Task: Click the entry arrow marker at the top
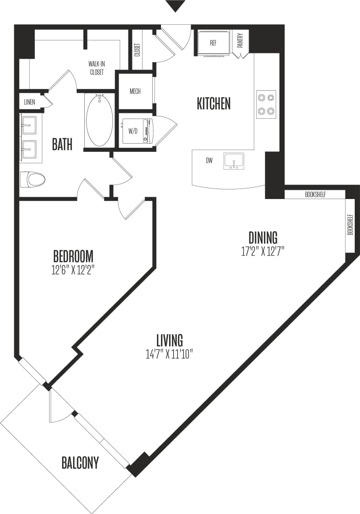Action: [x=176, y=6]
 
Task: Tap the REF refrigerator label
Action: [x=213, y=43]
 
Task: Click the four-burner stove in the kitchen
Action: [x=266, y=104]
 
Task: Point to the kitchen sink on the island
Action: [x=234, y=161]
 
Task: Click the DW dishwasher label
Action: [x=209, y=161]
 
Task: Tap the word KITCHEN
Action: [x=213, y=104]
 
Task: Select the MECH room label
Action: [x=135, y=92]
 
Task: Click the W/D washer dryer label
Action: [x=133, y=130]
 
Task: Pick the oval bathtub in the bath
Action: [x=99, y=120]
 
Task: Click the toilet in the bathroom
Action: [x=33, y=179]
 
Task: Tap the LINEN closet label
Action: [x=29, y=102]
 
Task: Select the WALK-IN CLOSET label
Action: [x=96, y=68]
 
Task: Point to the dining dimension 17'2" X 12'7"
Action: [x=263, y=252]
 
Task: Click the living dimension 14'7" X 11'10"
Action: [x=170, y=354]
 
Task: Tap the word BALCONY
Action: [x=80, y=463]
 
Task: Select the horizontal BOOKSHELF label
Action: [x=315, y=195]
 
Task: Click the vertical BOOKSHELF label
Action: [x=350, y=225]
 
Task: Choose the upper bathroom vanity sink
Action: [x=29, y=125]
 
